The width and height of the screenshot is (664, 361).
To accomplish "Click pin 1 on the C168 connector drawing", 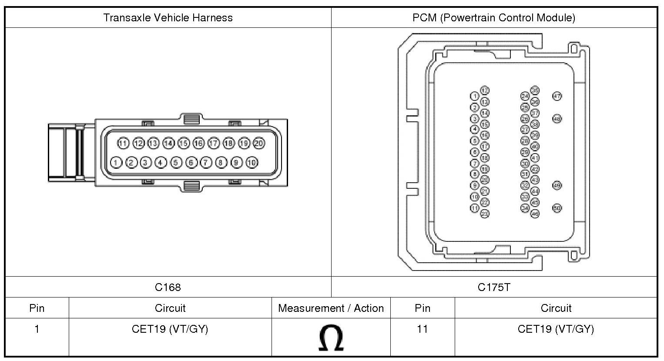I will (x=116, y=163).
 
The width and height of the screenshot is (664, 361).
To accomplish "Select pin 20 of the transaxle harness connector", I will (x=259, y=143).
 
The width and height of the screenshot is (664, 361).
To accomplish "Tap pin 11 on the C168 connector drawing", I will (x=124, y=143).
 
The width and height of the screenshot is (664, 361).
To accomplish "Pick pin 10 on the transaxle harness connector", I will (x=252, y=163).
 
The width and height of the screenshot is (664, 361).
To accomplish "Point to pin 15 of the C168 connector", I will (x=184, y=143).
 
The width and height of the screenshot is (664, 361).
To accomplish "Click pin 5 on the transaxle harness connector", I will (x=176, y=163).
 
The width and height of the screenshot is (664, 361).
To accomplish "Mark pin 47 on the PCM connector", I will (x=557, y=96).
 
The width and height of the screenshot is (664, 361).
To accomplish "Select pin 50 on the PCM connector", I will (x=557, y=208).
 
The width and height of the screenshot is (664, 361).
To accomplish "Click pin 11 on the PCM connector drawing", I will (x=475, y=208).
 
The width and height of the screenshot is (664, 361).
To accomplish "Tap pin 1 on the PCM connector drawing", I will (x=475, y=96).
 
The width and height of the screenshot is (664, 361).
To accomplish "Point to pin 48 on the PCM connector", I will (x=557, y=119).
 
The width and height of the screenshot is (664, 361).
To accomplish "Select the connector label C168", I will (x=168, y=287).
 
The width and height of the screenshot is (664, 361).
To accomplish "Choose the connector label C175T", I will (x=494, y=287).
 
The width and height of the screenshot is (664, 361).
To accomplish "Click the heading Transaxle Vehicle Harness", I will (x=168, y=18).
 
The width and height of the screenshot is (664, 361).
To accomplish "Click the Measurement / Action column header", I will (x=331, y=308).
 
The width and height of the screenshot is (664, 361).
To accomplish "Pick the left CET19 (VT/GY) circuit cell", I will (x=170, y=329).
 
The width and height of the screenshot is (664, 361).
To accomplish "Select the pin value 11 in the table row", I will (x=422, y=329).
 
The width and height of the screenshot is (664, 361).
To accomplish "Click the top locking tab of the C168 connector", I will (x=192, y=118).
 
